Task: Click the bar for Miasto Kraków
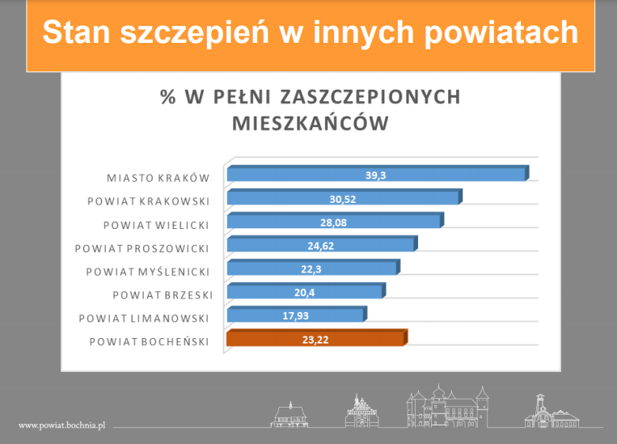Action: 378,174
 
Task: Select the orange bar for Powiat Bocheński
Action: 317,338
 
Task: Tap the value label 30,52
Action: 343,199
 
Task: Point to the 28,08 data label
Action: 334,222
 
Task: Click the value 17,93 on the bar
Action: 295,316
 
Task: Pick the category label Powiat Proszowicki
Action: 142,249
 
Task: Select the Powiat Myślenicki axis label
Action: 147,272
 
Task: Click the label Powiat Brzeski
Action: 163,295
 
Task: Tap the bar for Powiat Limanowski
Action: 297,314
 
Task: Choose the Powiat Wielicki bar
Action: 336,221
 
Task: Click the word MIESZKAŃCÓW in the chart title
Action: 311,123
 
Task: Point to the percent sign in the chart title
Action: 168,97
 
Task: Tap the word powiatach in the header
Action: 501,33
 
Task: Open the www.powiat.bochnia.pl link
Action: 61,425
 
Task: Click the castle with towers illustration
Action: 448,407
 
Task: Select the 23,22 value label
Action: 315,340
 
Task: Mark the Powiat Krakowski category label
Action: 148,201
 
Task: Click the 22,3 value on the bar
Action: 311,269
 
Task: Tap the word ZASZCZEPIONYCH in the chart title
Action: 370,97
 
